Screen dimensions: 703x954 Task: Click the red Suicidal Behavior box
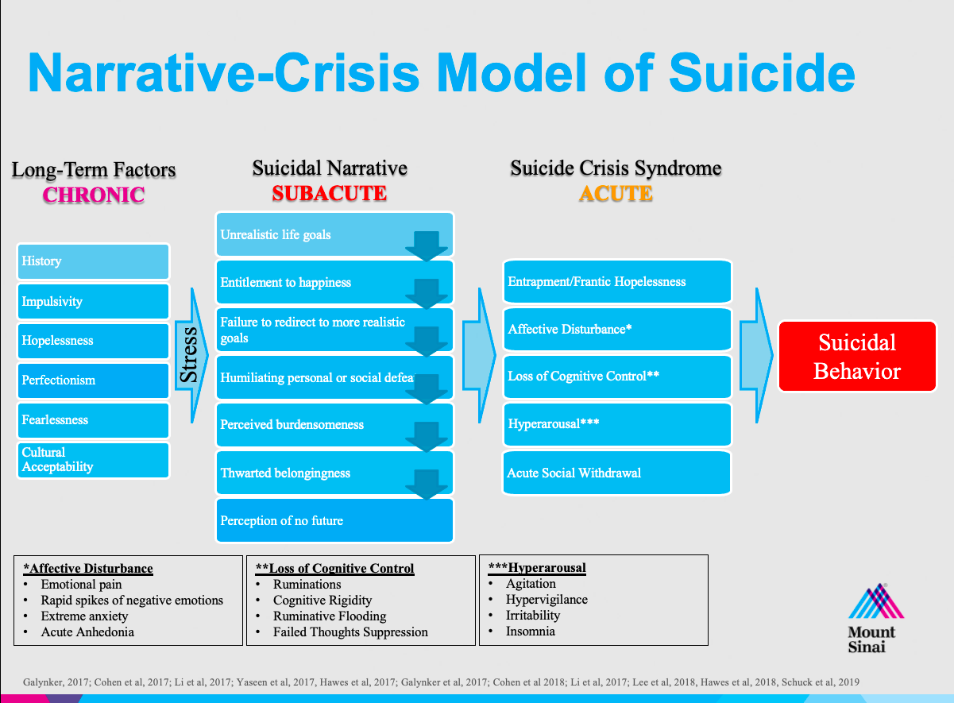point(856,356)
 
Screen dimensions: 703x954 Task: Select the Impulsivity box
point(94,302)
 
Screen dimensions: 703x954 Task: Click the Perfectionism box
point(94,380)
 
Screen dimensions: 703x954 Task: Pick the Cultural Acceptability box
point(94,460)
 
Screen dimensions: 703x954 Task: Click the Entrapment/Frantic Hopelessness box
point(616,282)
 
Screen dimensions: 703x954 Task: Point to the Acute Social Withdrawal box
point(616,473)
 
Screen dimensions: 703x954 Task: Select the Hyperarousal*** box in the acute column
point(616,424)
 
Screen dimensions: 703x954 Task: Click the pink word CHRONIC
point(94,195)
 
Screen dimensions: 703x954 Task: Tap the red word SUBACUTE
point(330,194)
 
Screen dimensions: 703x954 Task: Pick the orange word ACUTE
point(616,194)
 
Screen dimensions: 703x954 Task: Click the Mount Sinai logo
point(875,617)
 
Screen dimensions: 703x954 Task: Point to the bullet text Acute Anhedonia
point(87,632)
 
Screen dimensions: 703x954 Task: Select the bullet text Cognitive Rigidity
point(323,601)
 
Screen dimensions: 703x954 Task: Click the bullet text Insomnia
point(530,632)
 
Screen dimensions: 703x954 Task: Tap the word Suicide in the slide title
point(762,72)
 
